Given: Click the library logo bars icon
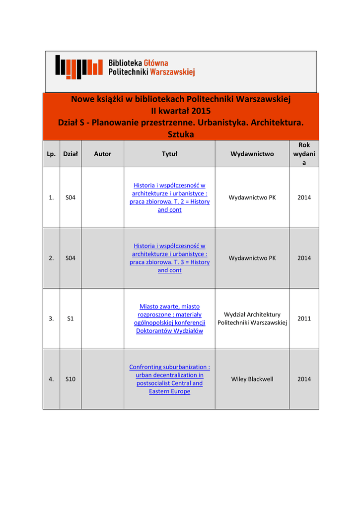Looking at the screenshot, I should point(78,67).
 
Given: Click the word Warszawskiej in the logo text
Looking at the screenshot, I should point(172,72).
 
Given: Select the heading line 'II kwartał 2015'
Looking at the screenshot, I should point(181,111).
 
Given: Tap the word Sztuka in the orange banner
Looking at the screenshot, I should point(181,134).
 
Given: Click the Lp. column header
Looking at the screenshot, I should point(51,154).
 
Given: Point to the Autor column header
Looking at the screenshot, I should point(103,154).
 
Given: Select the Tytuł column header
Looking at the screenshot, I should point(169,154).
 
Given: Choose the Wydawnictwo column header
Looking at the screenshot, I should point(252,154).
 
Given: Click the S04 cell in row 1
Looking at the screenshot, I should point(71,197).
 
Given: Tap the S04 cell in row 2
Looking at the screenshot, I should point(71,258).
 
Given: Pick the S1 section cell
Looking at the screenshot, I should point(71,318).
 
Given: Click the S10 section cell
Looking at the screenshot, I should point(71,379).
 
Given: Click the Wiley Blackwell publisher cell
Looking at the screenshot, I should point(252,379).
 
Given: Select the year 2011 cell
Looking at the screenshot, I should point(304,318).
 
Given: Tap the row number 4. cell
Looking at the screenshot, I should point(51,379).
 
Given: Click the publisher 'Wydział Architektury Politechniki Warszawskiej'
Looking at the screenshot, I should point(252,318).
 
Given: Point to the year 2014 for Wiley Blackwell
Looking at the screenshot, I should point(304,379).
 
